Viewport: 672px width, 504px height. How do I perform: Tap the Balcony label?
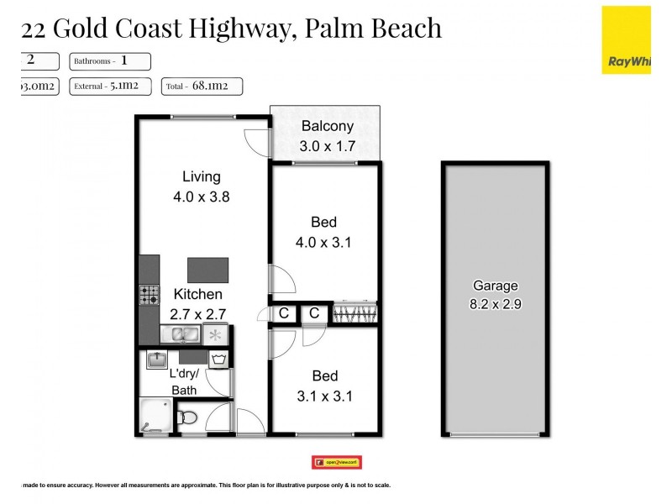[x=328, y=127]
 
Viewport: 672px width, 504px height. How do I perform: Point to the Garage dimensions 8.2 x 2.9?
[x=495, y=305]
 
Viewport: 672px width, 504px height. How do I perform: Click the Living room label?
[x=202, y=176]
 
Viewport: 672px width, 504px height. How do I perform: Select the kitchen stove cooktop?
[x=150, y=295]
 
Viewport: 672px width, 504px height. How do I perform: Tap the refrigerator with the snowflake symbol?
[x=216, y=335]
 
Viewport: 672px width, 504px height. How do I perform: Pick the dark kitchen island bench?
[x=207, y=270]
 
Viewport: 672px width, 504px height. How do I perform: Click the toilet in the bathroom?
[x=189, y=416]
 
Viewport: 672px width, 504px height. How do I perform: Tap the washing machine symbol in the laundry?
[x=219, y=361]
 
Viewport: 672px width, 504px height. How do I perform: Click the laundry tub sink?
[x=157, y=360]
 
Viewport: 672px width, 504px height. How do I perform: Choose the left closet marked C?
[x=284, y=313]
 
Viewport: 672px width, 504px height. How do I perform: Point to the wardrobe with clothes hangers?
[x=355, y=313]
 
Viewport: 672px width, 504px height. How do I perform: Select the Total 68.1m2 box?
[x=203, y=85]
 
